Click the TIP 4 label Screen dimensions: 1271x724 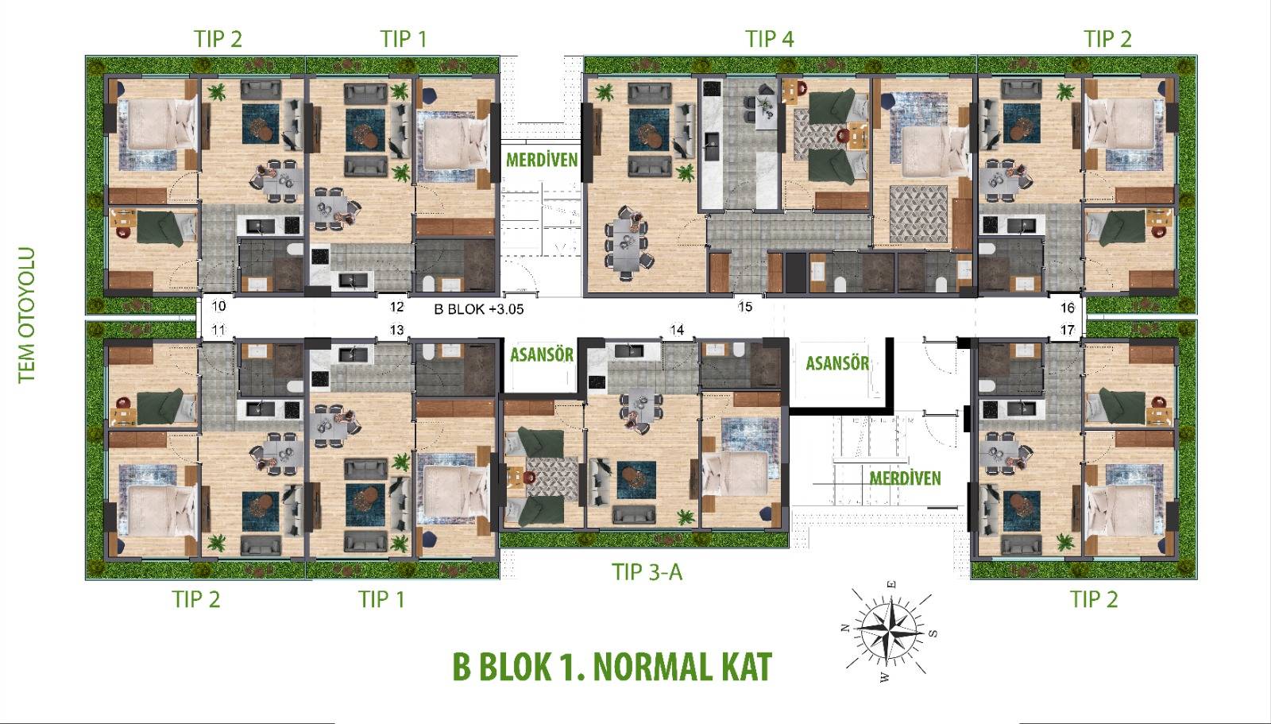pyautogui.click(x=770, y=39)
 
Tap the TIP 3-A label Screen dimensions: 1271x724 pyautogui.click(x=647, y=572)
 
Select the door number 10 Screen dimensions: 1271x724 pyautogui.click(x=218, y=306)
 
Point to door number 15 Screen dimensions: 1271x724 pyautogui.click(x=745, y=307)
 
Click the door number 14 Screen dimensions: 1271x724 pyautogui.click(x=677, y=330)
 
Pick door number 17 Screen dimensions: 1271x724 pyautogui.click(x=1068, y=330)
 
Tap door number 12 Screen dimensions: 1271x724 pyautogui.click(x=396, y=307)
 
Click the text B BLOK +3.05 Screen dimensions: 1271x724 pyautogui.click(x=479, y=309)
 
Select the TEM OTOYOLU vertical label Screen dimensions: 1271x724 pyautogui.click(x=27, y=316)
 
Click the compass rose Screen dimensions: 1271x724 pyautogui.click(x=888, y=631)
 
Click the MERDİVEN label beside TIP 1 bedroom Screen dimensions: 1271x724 pyautogui.click(x=542, y=160)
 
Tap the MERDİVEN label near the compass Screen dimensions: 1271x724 pyautogui.click(x=905, y=478)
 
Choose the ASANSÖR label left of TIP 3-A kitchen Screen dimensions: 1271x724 pyautogui.click(x=542, y=355)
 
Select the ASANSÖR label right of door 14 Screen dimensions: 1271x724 pyautogui.click(x=837, y=363)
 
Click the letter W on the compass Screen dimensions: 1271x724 pyautogui.click(x=884, y=677)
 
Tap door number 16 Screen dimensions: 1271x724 pyautogui.click(x=1068, y=308)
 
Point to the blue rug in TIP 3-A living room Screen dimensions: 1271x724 pyautogui.click(x=636, y=480)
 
